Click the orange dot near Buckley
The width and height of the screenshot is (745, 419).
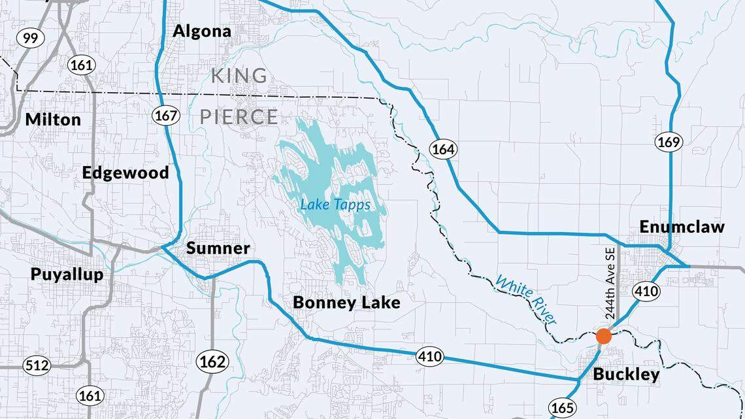pyautogui.click(x=604, y=336)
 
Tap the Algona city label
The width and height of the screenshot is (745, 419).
pyautogui.click(x=202, y=31)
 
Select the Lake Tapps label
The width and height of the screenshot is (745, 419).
pyautogui.click(x=335, y=205)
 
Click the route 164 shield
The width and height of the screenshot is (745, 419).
pyautogui.click(x=442, y=149)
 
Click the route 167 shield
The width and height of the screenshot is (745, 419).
pyautogui.click(x=165, y=116)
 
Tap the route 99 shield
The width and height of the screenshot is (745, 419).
pyautogui.click(x=30, y=38)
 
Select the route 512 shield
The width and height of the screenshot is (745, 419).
pyautogui.click(x=37, y=365)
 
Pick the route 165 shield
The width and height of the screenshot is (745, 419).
pyautogui.click(x=562, y=407)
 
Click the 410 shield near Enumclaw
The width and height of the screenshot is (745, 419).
pyautogui.click(x=646, y=291)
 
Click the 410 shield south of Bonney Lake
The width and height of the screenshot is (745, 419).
pyautogui.click(x=429, y=356)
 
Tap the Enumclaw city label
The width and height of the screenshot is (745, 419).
pyautogui.click(x=682, y=227)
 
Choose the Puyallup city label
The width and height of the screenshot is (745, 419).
pyautogui.click(x=67, y=274)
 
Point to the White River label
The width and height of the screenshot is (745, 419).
pyautogui.click(x=526, y=300)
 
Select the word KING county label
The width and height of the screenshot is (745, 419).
pyautogui.click(x=239, y=76)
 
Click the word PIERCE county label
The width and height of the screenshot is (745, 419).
pyautogui.click(x=239, y=117)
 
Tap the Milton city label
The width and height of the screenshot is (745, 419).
pyautogui.click(x=53, y=120)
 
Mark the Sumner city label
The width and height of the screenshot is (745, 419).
pyautogui.click(x=218, y=248)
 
